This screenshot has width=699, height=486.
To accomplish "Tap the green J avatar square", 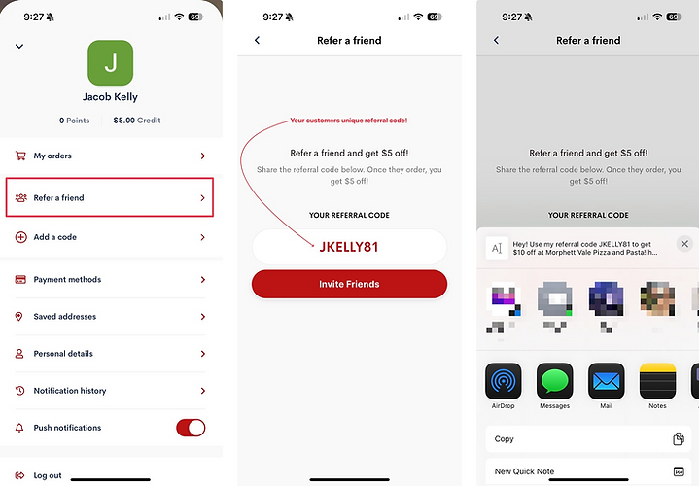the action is click(x=110, y=63).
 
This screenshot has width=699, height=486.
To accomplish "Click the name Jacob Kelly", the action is click(x=110, y=97).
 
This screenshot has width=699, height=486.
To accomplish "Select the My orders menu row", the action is click(x=110, y=156).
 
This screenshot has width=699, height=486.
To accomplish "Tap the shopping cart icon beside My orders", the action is click(x=20, y=156).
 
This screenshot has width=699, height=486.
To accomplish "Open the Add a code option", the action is click(x=110, y=237).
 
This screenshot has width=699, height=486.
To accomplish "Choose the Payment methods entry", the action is click(x=110, y=280).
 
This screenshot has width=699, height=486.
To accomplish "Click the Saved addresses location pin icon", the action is click(x=18, y=317).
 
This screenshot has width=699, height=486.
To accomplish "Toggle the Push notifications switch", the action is click(x=191, y=428).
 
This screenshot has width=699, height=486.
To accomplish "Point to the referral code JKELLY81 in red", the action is click(x=349, y=247).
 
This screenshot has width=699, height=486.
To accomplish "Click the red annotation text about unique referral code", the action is click(x=349, y=121).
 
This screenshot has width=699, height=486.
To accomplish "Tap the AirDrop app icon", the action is click(x=503, y=381).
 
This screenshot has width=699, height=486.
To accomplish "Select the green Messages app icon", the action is click(x=554, y=381).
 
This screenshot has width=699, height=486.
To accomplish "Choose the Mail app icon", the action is click(x=607, y=381).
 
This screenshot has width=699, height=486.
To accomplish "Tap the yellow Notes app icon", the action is click(x=657, y=381).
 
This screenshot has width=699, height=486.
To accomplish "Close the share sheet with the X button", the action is click(x=684, y=244).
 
